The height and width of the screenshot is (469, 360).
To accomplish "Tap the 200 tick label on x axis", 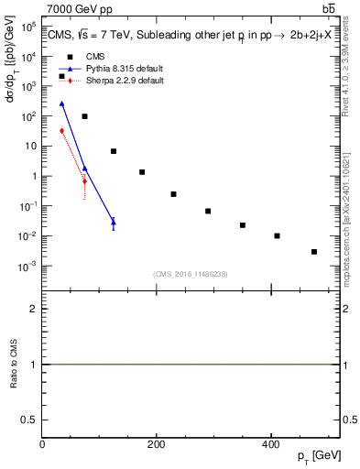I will [x=156, y=444].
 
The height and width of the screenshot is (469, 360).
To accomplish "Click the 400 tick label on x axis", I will [x=269, y=444].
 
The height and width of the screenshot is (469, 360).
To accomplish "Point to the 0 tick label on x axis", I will [x=42, y=444].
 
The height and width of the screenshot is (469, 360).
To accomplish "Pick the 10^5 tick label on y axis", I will [x=27, y=27].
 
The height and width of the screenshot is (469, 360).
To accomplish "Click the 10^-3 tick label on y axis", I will [x=27, y=267].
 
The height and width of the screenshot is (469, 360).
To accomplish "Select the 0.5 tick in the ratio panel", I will [x=30, y=420].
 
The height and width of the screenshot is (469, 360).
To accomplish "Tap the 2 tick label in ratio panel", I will [x=34, y=309].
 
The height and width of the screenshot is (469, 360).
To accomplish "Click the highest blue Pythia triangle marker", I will [x=61, y=104].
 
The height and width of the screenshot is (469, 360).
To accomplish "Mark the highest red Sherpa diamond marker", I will [x=61, y=130].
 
